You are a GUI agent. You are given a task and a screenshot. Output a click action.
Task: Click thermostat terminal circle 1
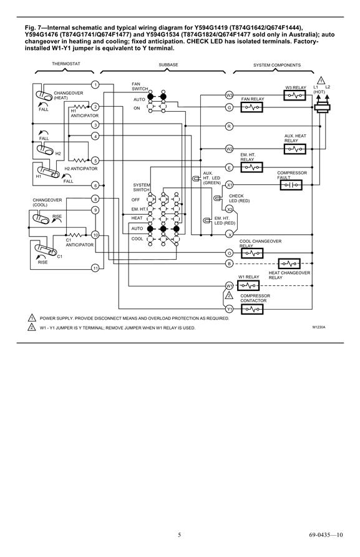[x=95, y=84]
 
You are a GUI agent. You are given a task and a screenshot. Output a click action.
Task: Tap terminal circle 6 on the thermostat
[x=95, y=185]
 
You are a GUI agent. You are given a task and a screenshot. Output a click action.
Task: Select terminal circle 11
[x=95, y=268]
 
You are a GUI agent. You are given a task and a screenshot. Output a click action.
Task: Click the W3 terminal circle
[x=230, y=95]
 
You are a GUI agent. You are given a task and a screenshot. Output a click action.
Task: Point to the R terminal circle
[x=230, y=126]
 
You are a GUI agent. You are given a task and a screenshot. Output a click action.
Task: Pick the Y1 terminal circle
[x=230, y=308]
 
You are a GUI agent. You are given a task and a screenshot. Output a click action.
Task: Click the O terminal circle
[x=230, y=253]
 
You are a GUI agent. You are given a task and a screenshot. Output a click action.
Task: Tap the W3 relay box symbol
[x=294, y=95]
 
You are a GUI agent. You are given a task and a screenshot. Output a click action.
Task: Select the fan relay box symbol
[x=251, y=107]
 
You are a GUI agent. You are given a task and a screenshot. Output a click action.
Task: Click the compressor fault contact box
[x=291, y=185]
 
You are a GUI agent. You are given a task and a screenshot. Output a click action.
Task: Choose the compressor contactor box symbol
[x=252, y=309]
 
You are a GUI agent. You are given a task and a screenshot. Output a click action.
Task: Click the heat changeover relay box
[x=289, y=264]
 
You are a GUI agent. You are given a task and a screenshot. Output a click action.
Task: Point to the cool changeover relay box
[x=252, y=253]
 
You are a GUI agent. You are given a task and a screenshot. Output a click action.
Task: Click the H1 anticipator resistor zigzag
[x=79, y=106]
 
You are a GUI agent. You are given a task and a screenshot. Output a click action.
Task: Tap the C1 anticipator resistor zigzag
[x=75, y=234]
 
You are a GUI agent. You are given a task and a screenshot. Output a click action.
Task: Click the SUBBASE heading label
[x=168, y=65]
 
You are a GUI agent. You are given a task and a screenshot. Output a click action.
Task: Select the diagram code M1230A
[x=319, y=327]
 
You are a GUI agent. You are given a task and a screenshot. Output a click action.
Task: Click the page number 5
[x=179, y=535]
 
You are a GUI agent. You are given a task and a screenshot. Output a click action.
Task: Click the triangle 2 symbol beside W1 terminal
[x=230, y=295]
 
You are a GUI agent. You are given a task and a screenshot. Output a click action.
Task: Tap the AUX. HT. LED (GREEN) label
[x=212, y=178]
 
